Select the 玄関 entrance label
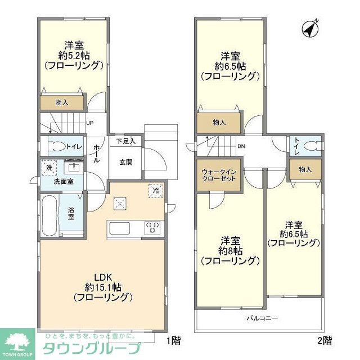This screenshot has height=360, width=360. coord(125,162)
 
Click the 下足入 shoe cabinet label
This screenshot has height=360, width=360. coord(125,142)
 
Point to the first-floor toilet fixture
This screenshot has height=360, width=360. coord(56,147)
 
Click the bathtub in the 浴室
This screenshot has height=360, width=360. coord(49,215)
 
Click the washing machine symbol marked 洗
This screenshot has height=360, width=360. coord(49,168)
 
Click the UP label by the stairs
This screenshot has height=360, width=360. coord(90,124)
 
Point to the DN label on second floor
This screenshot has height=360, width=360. coord(241,147)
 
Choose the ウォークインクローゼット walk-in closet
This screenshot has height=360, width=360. coord(218,175)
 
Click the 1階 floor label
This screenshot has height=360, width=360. coord(173,340)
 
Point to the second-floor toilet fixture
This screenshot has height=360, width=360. coord(308,147)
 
